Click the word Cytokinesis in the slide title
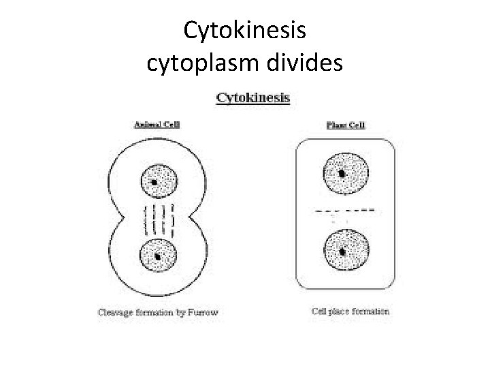(x=246, y=30)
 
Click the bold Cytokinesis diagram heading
(x=252, y=97)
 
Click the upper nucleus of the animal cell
(x=158, y=181)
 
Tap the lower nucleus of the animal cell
(x=158, y=256)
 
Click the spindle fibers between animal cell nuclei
(x=158, y=219)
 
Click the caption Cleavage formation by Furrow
(x=158, y=313)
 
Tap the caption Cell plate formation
(x=350, y=311)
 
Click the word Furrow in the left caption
(x=204, y=313)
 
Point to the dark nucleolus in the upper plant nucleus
(x=342, y=174)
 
